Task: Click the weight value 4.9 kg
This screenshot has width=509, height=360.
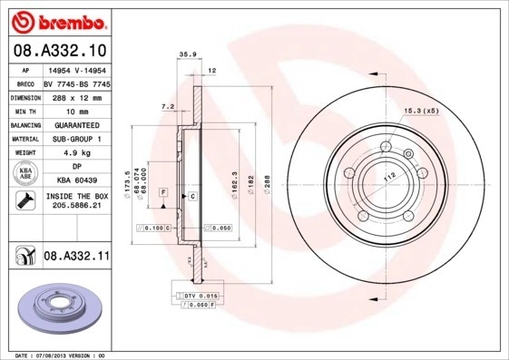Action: tap(76, 153)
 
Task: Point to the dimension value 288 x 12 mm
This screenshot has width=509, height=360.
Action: tap(76, 95)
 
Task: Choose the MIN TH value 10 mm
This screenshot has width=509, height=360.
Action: tap(76, 110)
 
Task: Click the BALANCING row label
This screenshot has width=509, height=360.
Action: tap(24, 124)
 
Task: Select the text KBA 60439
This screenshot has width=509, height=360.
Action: tap(76, 180)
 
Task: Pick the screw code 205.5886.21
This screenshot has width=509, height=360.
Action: tap(76, 207)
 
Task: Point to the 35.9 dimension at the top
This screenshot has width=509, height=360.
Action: tap(188, 55)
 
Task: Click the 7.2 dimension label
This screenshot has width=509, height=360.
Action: tap(168, 107)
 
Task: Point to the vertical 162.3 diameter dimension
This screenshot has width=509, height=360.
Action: tap(234, 185)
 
